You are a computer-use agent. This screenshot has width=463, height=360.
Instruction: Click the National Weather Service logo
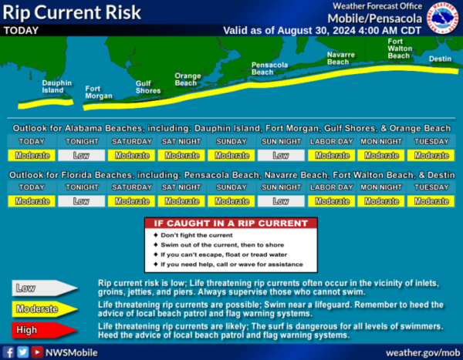[x=443, y=18]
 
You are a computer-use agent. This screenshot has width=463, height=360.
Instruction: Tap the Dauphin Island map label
[x=56, y=87]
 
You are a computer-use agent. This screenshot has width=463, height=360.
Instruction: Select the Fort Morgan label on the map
[x=99, y=93]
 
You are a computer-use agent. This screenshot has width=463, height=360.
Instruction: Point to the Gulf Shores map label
[x=148, y=87]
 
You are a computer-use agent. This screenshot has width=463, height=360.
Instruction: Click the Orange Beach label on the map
[x=188, y=79]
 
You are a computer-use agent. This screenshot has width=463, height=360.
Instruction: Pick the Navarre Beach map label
[x=341, y=58]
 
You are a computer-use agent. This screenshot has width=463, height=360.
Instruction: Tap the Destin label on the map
[x=440, y=59]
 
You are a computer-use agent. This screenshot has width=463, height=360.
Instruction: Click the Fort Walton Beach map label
[x=400, y=49]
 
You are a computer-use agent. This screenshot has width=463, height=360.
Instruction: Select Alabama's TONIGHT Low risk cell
[x=82, y=155]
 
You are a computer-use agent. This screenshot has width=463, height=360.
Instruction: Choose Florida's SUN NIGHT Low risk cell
[x=281, y=201]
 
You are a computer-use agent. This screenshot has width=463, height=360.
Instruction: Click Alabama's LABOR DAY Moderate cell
[x=331, y=155]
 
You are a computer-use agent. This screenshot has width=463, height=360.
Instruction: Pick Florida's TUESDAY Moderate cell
[x=431, y=201]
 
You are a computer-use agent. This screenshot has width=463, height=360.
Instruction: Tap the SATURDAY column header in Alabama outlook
[x=132, y=142]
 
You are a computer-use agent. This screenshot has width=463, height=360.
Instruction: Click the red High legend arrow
[x=44, y=330]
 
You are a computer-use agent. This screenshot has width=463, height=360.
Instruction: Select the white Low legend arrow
[x=44, y=288]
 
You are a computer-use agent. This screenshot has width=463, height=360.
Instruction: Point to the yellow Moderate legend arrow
[x=44, y=309]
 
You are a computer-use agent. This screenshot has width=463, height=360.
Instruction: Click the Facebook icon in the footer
[x=8, y=352]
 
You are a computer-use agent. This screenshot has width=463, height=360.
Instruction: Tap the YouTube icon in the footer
[x=37, y=352]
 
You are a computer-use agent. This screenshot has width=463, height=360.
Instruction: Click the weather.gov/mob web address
[x=423, y=353]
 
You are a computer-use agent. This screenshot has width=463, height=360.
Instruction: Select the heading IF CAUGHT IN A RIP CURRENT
[x=231, y=224]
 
